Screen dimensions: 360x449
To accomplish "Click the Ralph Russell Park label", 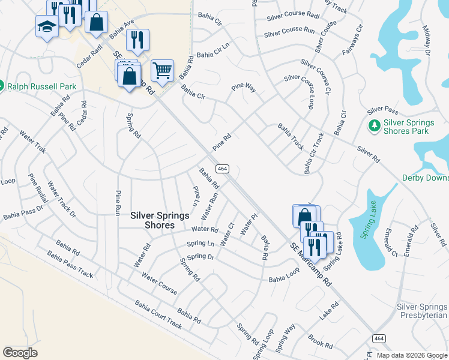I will pos(41,86).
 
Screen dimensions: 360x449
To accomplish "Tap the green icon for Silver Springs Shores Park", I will pos(373,126).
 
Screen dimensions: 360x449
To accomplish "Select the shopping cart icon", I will pos(162,70).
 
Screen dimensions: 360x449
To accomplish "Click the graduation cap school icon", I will pos(47,26).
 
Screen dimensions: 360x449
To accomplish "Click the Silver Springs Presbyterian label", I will pos(422,311).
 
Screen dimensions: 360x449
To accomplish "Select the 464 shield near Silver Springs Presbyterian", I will pos(378,338).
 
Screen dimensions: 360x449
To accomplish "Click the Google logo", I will pos(20,352).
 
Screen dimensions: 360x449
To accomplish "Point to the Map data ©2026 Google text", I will pos(411,355).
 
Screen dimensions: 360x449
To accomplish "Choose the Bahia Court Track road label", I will pos(158,315).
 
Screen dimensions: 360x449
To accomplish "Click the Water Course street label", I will pos(159,283).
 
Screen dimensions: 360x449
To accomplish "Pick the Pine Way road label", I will pos(244,88).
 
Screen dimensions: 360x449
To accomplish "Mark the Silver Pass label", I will pos(382,110).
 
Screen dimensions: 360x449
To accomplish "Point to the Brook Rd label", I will pos(319,341).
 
